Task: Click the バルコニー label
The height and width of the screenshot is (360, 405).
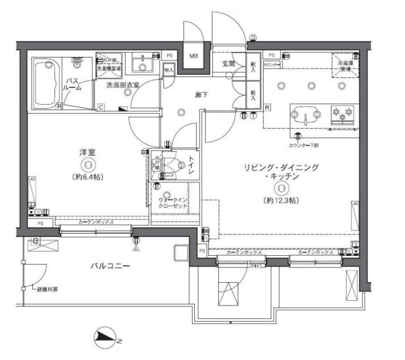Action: click(111, 266)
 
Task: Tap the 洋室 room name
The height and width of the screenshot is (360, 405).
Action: click(86, 152)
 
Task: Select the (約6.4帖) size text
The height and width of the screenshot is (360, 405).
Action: click(87, 177)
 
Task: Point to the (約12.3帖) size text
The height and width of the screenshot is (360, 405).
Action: click(281, 200)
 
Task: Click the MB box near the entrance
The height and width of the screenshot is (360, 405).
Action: click(194, 56)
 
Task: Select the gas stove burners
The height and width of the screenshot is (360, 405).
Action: click(343, 115)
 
